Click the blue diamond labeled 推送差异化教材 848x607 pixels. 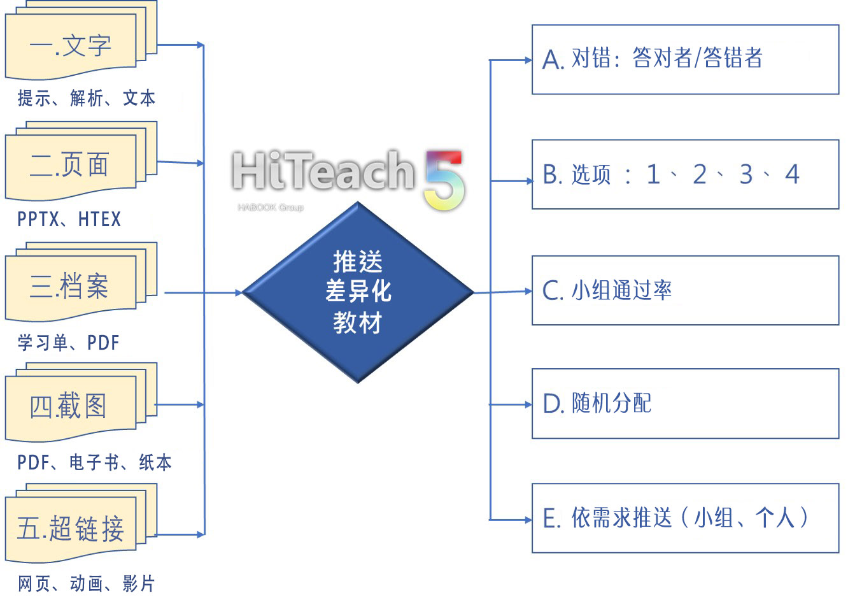[x=358, y=292]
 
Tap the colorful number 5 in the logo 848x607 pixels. [x=445, y=180]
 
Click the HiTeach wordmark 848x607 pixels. [x=323, y=171]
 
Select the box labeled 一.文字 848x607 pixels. [x=71, y=46]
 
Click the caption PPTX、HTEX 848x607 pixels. [x=69, y=220]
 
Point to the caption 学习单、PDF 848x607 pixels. [x=68, y=343]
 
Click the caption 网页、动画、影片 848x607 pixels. [x=86, y=583]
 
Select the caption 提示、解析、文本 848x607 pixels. [x=86, y=98]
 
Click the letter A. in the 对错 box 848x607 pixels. [x=553, y=61]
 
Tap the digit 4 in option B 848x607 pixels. [x=792, y=174]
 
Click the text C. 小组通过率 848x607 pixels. [x=607, y=290]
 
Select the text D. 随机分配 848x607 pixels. [x=597, y=403]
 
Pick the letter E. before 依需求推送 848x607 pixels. [x=551, y=518]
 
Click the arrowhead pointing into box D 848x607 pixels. [x=527, y=404]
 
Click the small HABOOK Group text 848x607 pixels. [x=270, y=208]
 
